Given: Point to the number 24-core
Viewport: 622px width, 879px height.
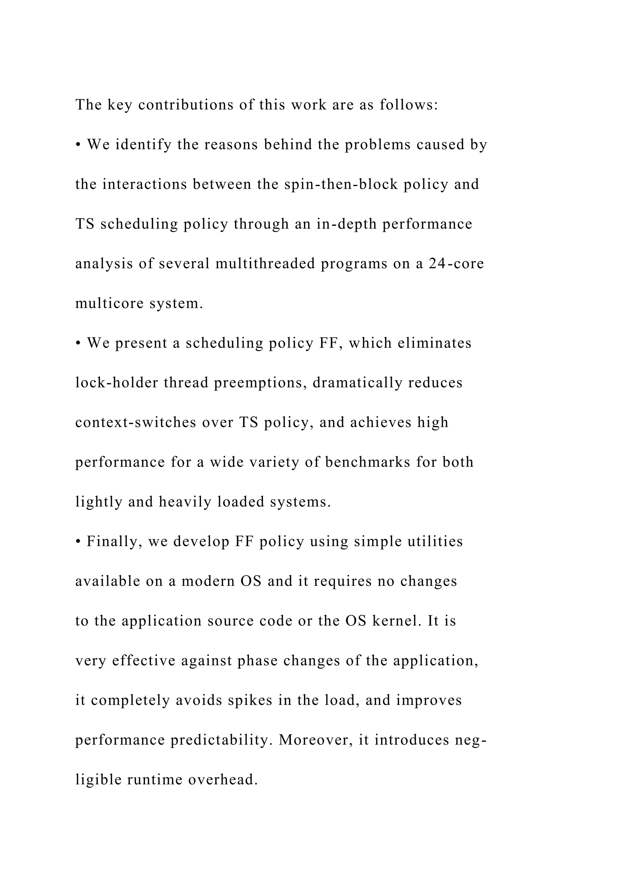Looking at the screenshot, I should (456, 264).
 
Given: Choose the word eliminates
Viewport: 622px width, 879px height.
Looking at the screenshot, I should (434, 343).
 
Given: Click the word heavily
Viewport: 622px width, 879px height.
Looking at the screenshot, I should (185, 502).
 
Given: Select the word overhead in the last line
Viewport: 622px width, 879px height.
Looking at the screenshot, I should (223, 779).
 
